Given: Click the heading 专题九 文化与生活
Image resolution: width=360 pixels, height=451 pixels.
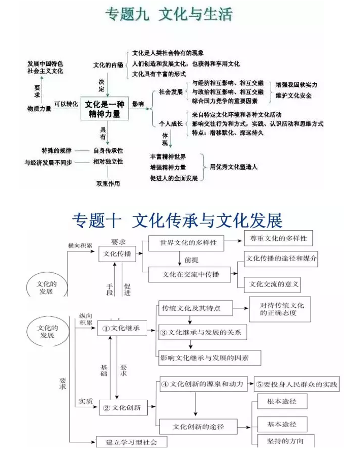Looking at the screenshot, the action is click(x=169, y=14).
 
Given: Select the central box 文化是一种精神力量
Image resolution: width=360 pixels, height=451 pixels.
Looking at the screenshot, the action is click(x=105, y=109).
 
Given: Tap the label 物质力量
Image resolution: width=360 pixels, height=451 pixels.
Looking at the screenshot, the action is click(x=39, y=109).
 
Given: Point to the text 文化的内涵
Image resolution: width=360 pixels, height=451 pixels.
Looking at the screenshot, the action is click(x=108, y=65).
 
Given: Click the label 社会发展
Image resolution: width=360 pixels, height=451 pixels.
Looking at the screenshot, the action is click(x=171, y=92).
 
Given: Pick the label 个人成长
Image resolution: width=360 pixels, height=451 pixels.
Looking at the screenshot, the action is click(x=171, y=124).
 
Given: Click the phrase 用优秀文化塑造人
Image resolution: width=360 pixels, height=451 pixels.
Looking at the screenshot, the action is click(x=234, y=167).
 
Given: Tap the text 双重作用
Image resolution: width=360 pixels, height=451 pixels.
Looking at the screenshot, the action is click(x=108, y=183).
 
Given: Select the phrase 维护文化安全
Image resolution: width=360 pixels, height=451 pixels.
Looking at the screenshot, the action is click(x=293, y=95).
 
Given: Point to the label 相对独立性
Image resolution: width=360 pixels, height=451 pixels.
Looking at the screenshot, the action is click(x=108, y=162).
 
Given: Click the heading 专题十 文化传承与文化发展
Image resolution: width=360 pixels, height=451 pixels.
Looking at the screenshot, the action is click(x=177, y=220).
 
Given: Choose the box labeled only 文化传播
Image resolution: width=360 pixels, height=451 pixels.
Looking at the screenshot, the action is click(x=117, y=254).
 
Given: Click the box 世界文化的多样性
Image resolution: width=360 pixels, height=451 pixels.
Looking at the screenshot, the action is click(x=186, y=243).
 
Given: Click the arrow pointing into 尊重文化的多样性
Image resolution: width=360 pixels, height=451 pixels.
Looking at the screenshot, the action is click(x=233, y=240).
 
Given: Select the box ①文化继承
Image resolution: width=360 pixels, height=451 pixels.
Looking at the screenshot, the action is click(x=122, y=328).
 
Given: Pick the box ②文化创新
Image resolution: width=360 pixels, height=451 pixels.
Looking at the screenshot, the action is click(x=123, y=407).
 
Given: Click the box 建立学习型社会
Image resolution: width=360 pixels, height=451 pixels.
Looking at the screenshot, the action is click(x=132, y=442).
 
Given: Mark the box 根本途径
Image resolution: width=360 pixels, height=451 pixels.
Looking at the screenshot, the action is click(x=282, y=401).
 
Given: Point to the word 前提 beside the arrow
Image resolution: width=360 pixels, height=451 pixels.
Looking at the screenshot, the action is click(x=191, y=260).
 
